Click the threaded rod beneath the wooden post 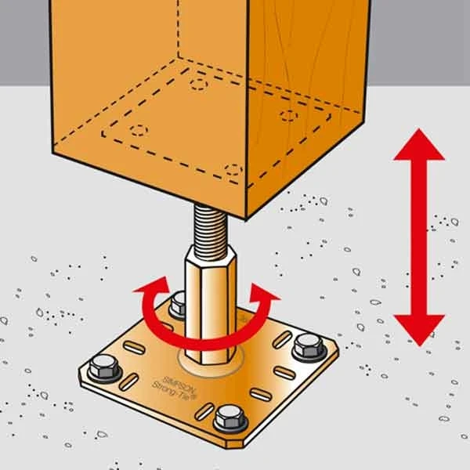pyautogui.click(x=210, y=227)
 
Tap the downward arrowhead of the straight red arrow pyautogui.click(x=419, y=331)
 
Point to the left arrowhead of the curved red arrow pyautogui.click(x=152, y=287)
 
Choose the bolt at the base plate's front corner pyautogui.click(x=230, y=419)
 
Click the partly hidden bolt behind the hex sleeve pyautogui.click(x=178, y=305)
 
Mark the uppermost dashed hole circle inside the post pyautogui.click(x=199, y=85)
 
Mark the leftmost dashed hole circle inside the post pyautogui.click(x=139, y=130)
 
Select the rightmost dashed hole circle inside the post pyautogui.click(x=289, y=116)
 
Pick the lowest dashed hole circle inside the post pyautogui.click(x=233, y=170)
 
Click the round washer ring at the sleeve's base pyautogui.click(x=210, y=362)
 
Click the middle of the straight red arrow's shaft pyautogui.click(x=419, y=237)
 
